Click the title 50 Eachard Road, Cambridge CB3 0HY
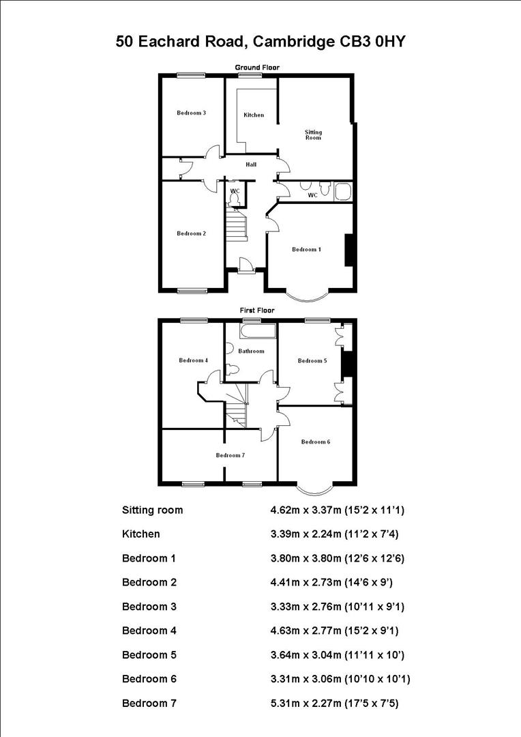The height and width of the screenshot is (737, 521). click(x=261, y=42)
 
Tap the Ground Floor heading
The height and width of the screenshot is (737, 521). click(x=257, y=68)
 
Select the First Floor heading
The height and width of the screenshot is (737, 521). click(x=257, y=310)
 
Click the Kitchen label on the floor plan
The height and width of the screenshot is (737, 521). click(x=254, y=115)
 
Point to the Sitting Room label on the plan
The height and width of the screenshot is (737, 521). click(x=312, y=135)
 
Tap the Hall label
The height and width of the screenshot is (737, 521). click(x=251, y=164)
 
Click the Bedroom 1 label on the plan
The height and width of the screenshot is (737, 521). click(x=306, y=250)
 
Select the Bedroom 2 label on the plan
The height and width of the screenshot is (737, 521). click(x=191, y=233)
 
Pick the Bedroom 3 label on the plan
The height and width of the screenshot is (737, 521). click(x=191, y=113)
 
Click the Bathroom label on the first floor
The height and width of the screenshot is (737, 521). click(x=252, y=351)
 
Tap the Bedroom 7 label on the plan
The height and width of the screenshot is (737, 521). click(x=230, y=455)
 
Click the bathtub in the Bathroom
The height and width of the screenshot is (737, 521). click(x=256, y=332)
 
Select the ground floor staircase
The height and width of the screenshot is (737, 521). click(x=237, y=225)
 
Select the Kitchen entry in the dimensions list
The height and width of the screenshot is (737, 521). click(x=141, y=534)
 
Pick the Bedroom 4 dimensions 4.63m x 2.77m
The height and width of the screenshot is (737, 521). click(x=341, y=631)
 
